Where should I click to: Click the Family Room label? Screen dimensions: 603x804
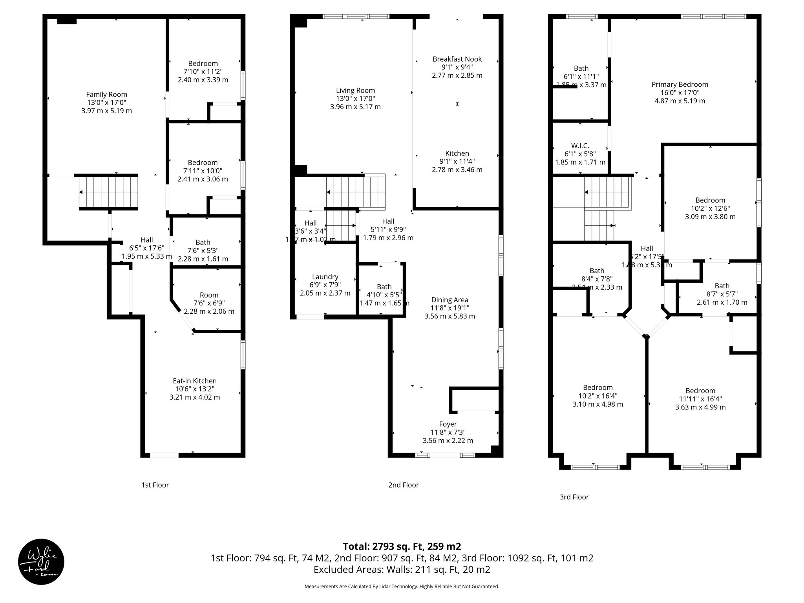(106, 94)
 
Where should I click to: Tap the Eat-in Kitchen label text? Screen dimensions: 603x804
(195, 381)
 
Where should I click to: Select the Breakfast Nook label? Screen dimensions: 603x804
(457, 59)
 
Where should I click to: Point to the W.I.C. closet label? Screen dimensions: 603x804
(580, 146)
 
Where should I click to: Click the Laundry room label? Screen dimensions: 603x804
(325, 277)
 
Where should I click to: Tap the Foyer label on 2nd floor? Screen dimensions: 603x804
(448, 424)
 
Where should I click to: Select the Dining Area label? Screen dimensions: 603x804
(450, 300)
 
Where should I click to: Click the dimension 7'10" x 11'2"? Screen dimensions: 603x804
(203, 71)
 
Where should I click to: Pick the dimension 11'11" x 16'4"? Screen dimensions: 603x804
(700, 399)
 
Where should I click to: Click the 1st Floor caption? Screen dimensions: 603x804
(155, 485)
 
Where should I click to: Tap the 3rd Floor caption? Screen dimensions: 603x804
(574, 497)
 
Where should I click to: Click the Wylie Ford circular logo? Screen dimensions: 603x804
(41, 562)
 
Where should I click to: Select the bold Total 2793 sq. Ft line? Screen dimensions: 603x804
(402, 546)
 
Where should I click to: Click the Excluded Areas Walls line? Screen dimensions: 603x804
(402, 569)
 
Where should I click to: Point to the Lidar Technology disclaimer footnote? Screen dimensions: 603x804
(402, 587)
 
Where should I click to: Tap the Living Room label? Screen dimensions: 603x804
(355, 90)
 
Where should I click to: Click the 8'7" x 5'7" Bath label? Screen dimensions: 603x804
(722, 294)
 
